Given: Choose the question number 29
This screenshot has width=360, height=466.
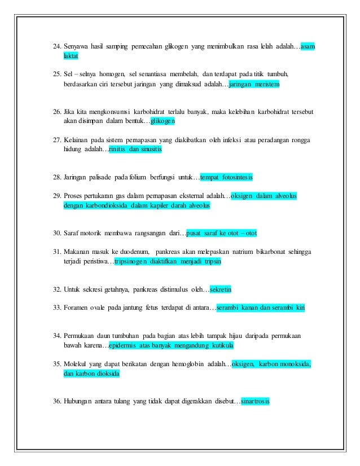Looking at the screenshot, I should [x=56, y=196].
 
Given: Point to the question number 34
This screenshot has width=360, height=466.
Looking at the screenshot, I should [x=56, y=335].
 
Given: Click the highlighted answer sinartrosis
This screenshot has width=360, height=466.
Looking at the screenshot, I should [x=255, y=402].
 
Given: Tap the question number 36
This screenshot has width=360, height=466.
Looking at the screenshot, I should [x=56, y=402].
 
